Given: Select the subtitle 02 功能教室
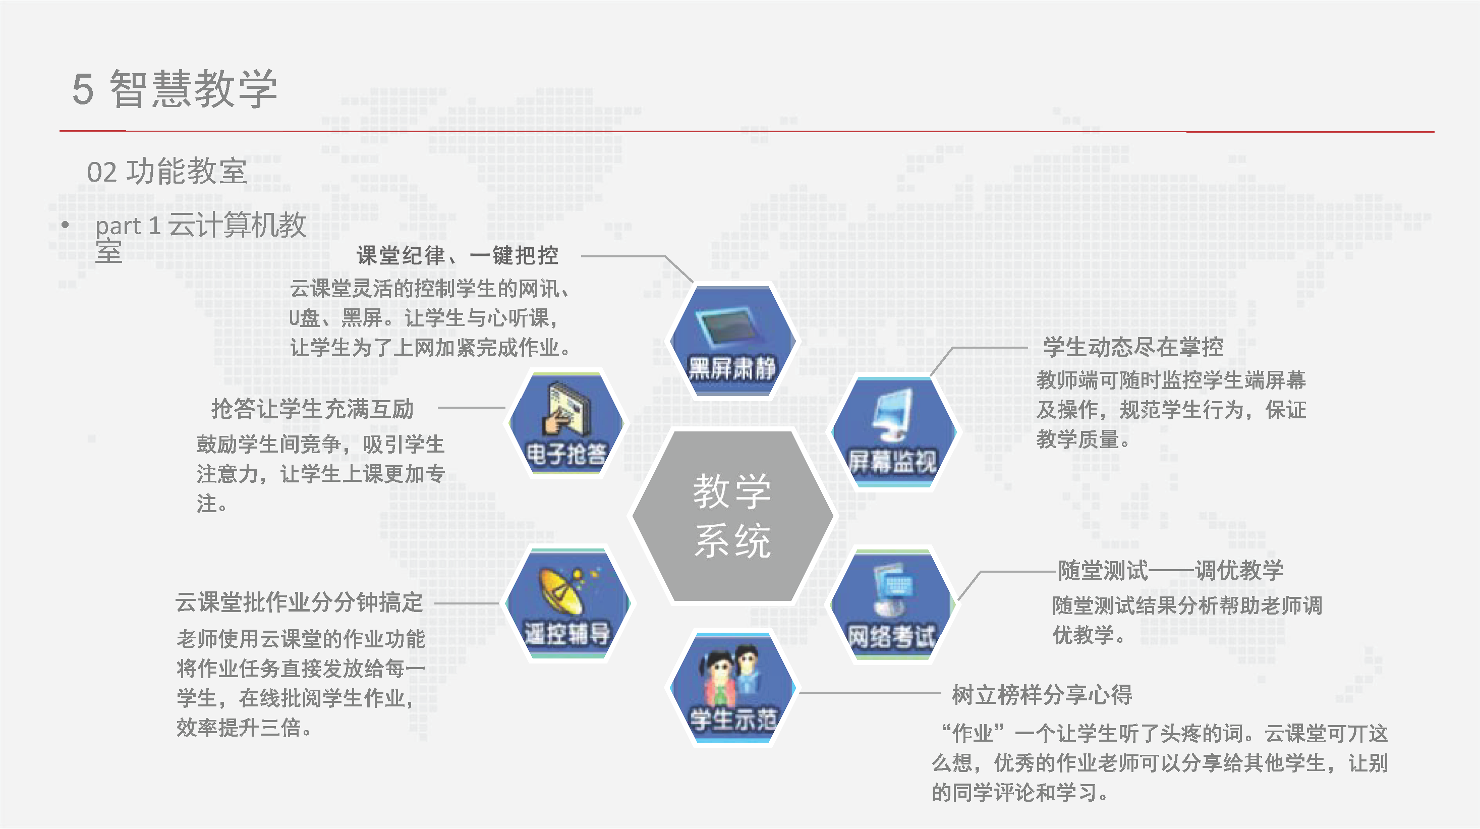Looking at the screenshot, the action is [x=166, y=171].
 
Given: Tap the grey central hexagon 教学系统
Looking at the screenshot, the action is [x=732, y=516].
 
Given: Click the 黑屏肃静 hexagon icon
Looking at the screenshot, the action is [x=732, y=341].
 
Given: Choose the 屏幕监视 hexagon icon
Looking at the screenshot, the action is [x=893, y=432].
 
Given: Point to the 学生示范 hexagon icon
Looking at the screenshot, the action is [x=732, y=688].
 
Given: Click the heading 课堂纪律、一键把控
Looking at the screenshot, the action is [x=458, y=256].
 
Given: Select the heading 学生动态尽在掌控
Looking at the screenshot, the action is [x=1133, y=347].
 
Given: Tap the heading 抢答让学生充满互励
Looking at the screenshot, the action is [x=313, y=409].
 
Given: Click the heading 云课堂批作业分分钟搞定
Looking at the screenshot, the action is [x=299, y=602].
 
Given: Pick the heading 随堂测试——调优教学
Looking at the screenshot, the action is [x=1171, y=571].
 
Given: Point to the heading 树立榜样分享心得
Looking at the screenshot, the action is [x=1042, y=695].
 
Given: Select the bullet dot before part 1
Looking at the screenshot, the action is [x=66, y=225].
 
